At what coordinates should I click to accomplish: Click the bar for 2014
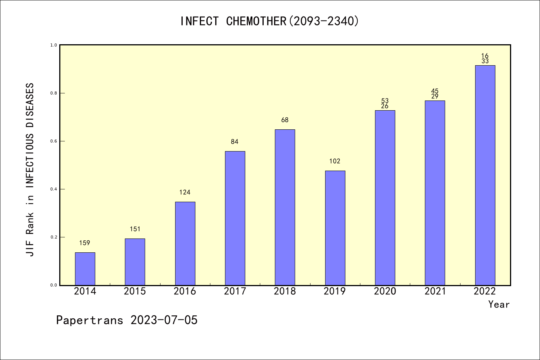click(85, 268)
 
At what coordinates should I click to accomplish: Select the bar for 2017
click(235, 218)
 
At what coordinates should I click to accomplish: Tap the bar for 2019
click(335, 228)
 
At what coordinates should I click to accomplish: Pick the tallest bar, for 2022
click(485, 175)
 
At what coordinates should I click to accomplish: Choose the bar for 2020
click(385, 198)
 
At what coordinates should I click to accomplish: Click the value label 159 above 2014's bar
click(85, 243)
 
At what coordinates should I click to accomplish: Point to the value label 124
click(185, 192)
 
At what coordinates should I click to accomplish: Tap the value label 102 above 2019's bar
click(335, 161)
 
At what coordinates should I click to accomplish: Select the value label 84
click(235, 142)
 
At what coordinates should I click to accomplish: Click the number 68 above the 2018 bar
click(285, 120)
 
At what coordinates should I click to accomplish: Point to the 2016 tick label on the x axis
click(185, 291)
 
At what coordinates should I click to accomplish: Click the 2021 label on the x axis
click(435, 291)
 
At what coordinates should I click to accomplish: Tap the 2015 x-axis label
click(135, 291)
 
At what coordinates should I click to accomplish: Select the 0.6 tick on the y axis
click(54, 141)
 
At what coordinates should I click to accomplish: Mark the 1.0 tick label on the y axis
click(54, 45)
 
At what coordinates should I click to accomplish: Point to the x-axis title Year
click(499, 304)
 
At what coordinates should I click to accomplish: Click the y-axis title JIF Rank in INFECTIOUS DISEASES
click(30, 169)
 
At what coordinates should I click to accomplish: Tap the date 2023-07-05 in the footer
click(164, 320)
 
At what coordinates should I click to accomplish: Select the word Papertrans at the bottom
click(90, 320)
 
